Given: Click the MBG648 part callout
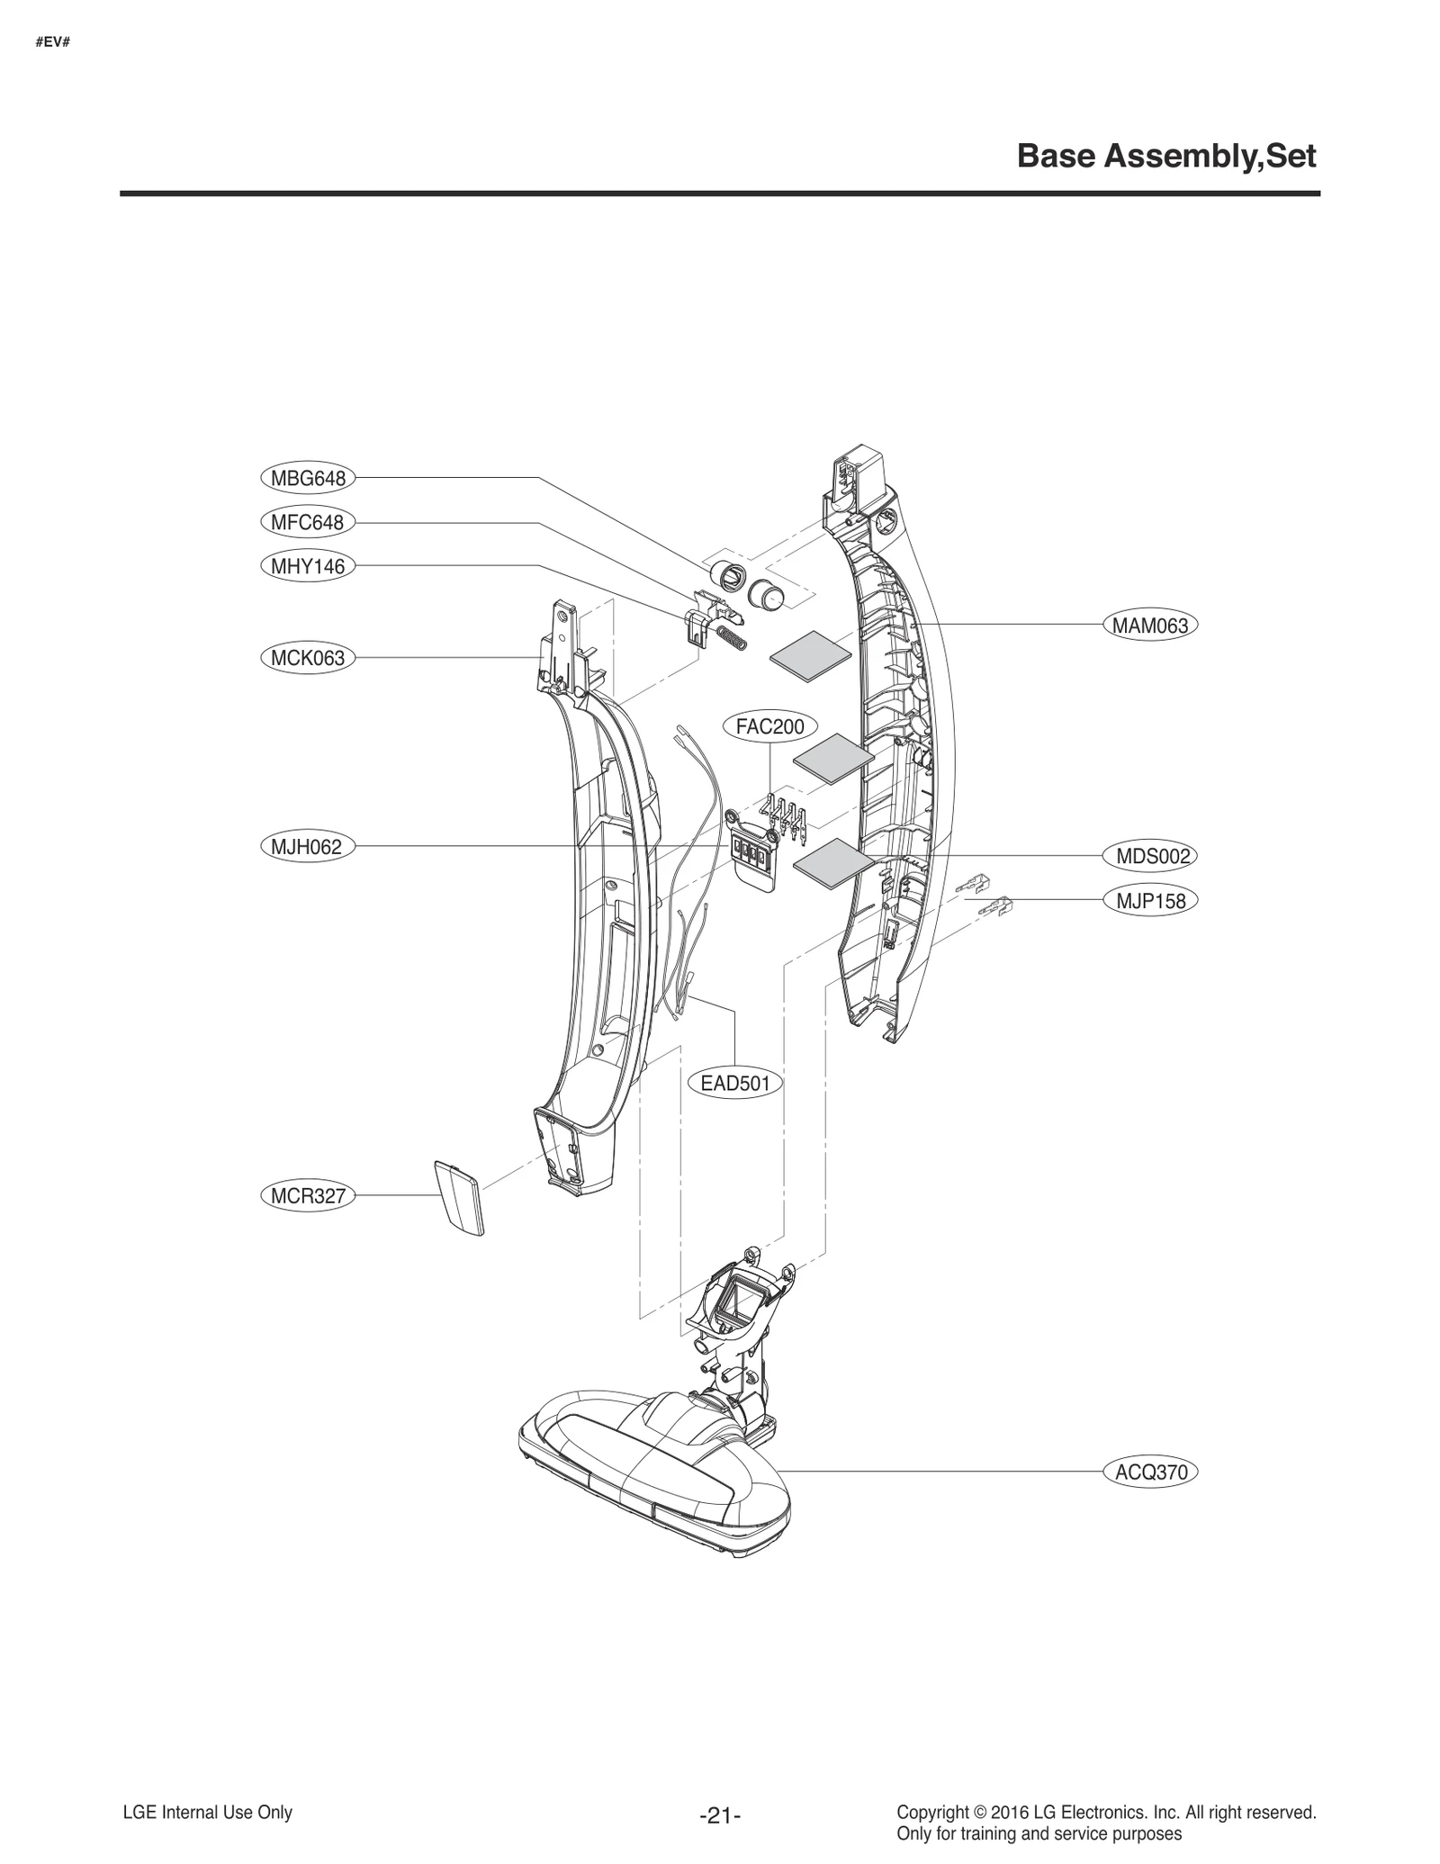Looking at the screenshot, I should pos(308,478).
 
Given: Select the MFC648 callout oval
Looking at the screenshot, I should pos(307,522).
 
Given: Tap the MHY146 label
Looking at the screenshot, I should pos(308,566).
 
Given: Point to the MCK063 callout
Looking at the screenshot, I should pos(308,658).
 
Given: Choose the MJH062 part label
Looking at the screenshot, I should pos(307,847).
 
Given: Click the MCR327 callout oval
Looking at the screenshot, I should pos(308,1196).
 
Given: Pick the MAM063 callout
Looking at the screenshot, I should pos(1150,626).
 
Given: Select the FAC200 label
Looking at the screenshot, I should pos(769,726).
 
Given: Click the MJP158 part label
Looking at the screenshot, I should pos(1151,901).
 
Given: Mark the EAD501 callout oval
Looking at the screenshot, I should pos(735,1083).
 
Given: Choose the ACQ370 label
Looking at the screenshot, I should pos(1151,1472).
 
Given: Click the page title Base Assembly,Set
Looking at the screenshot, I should pos(1165,157).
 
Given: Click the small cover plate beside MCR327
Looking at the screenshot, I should pos(459,1198).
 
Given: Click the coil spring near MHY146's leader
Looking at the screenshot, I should pos(735,641).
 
